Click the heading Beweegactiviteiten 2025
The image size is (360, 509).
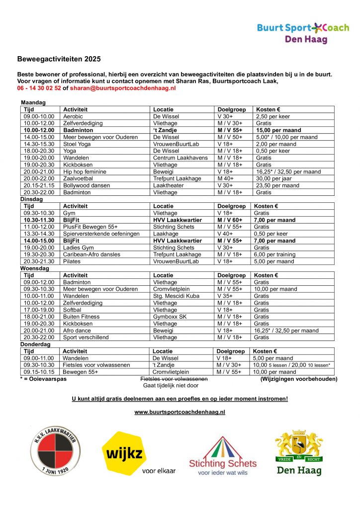59,59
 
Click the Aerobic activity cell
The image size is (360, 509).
73,116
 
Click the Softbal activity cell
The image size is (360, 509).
73,310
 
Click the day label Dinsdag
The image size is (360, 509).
31,199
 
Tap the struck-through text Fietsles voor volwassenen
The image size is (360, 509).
174,379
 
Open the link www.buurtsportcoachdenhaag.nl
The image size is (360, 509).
180,412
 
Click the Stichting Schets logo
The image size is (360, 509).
223,456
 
